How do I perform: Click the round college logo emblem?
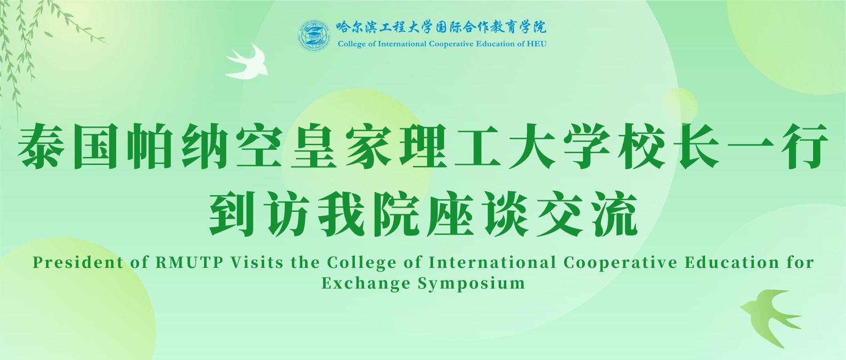[313, 36]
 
